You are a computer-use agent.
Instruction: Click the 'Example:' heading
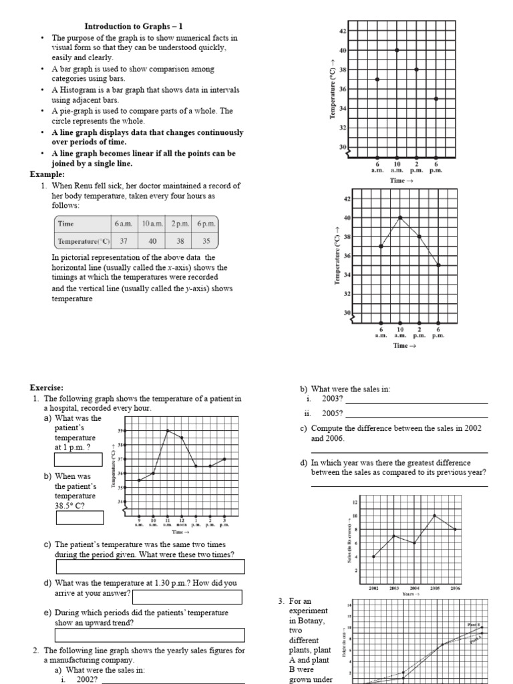tap(47, 174)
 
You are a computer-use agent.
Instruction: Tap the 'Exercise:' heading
tap(47, 387)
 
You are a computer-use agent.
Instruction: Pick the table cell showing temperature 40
tap(152, 242)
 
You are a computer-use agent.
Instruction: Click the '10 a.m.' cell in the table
tap(152, 224)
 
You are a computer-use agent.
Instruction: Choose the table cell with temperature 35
tap(206, 242)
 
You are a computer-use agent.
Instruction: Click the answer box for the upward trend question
tap(149, 635)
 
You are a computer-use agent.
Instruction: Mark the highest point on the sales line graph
tap(435, 516)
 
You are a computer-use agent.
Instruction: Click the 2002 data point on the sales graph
tap(373, 556)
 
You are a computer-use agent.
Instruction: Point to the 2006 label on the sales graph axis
tap(456, 588)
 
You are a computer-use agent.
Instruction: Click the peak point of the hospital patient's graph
tap(168, 430)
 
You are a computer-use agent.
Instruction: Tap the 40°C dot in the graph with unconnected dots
tap(397, 50)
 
